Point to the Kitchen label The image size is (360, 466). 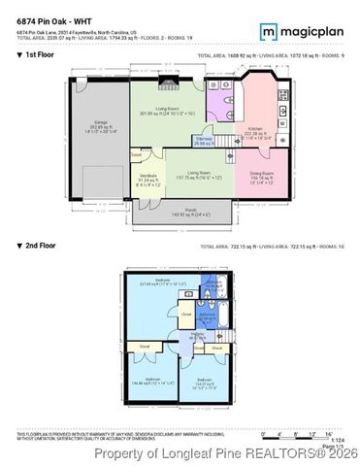[x=255, y=129]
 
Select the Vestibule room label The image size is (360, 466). [x=148, y=177]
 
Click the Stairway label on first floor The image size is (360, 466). [x=204, y=140]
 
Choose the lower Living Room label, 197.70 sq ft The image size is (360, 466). [x=200, y=173]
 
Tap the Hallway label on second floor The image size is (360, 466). [x=198, y=334]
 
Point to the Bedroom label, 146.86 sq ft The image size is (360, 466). [x=152, y=380]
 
